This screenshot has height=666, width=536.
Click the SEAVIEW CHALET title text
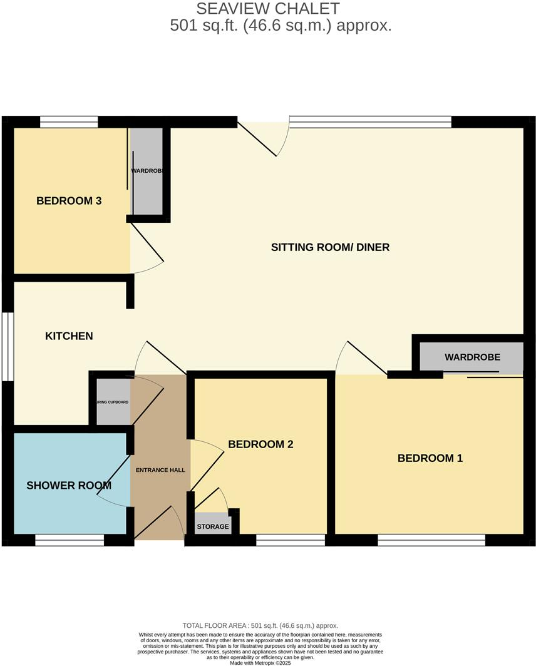click(x=268, y=9)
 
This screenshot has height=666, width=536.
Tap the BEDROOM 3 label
click(x=69, y=201)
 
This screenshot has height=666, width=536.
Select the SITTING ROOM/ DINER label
click(x=330, y=247)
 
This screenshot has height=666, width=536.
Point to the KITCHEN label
click(x=69, y=336)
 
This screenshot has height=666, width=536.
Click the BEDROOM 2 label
click(x=260, y=444)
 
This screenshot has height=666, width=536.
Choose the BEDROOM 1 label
click(x=430, y=458)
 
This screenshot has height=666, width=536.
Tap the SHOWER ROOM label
click(x=69, y=485)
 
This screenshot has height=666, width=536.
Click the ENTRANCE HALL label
click(x=161, y=469)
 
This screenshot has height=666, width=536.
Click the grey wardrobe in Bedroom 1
click(x=472, y=358)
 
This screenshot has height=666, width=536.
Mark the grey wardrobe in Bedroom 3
click(x=147, y=172)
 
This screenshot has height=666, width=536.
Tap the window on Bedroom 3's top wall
click(x=69, y=122)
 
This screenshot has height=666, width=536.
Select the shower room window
click(x=69, y=540)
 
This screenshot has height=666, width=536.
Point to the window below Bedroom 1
click(x=431, y=540)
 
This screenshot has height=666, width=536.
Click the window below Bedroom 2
click(x=291, y=540)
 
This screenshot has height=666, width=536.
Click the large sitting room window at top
click(x=370, y=122)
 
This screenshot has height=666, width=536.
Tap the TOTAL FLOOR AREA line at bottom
click(x=260, y=625)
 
